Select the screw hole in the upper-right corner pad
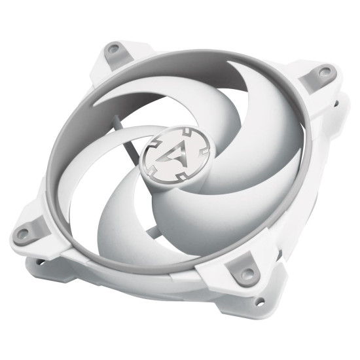[324, 71]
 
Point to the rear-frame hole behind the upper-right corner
[336, 103]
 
